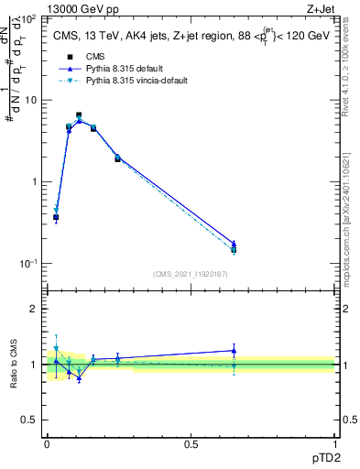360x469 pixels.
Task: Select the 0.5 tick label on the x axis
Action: coord(191,443)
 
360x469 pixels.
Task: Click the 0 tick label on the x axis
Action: coord(47,443)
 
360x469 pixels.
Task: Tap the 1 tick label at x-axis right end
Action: coord(334,443)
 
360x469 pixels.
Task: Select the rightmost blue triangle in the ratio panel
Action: coord(234,350)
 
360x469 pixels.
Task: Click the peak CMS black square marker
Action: coord(79,115)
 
